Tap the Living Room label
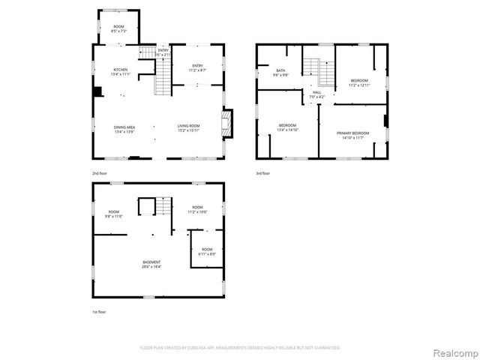[x=188, y=127]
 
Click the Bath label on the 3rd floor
[x=280, y=73]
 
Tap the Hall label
[x=317, y=94]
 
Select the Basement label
[x=151, y=264]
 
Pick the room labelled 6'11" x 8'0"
[x=206, y=251]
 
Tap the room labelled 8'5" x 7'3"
[x=118, y=29]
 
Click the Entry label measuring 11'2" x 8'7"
[x=197, y=67]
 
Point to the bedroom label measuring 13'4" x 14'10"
[x=288, y=127]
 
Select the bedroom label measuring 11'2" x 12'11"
[x=359, y=82]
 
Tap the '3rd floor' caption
[x=262, y=173]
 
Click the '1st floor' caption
[x=99, y=311]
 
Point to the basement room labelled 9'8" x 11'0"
[x=114, y=214]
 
